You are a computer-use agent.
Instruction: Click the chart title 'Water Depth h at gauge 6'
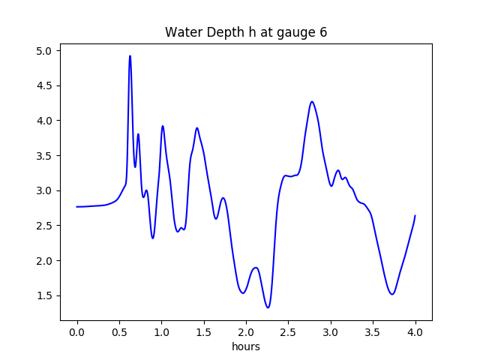click(246, 32)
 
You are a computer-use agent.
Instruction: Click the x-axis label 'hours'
click(246, 347)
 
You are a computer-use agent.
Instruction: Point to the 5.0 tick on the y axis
click(45, 51)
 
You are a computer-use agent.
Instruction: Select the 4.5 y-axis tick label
click(45, 85)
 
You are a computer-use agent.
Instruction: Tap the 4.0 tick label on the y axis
click(45, 121)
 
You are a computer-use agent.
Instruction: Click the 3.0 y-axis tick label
click(45, 190)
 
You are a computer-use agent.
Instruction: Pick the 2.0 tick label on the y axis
click(45, 261)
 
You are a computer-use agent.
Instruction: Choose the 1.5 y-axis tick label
click(45, 295)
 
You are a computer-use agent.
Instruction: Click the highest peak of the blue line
click(130, 56)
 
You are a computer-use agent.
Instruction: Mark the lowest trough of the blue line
click(268, 307)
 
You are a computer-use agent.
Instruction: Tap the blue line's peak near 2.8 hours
click(312, 102)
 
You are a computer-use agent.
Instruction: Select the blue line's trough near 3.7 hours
click(392, 294)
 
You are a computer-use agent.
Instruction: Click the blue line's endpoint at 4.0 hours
click(415, 216)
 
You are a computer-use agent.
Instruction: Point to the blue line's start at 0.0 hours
click(77, 207)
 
